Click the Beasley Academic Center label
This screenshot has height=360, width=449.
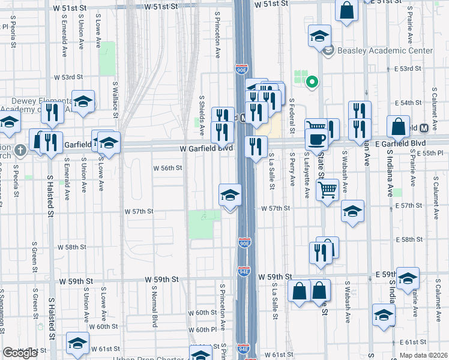[x=386, y=51]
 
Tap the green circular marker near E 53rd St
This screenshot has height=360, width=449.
[x=312, y=82]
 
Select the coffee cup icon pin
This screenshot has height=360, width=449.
[x=316, y=139]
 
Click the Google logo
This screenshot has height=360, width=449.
[x=20, y=353]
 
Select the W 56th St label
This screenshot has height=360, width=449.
[x=167, y=169]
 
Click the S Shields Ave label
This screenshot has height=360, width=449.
[x=202, y=114]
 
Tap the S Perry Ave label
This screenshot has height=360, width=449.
[x=292, y=168]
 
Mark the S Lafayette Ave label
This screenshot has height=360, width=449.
[x=306, y=174]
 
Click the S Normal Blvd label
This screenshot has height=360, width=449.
[x=154, y=305]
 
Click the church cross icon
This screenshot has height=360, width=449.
[x=20, y=149]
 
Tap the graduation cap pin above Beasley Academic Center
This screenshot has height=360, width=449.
[x=319, y=37]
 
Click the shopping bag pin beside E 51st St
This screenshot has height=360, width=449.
[x=346, y=10]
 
